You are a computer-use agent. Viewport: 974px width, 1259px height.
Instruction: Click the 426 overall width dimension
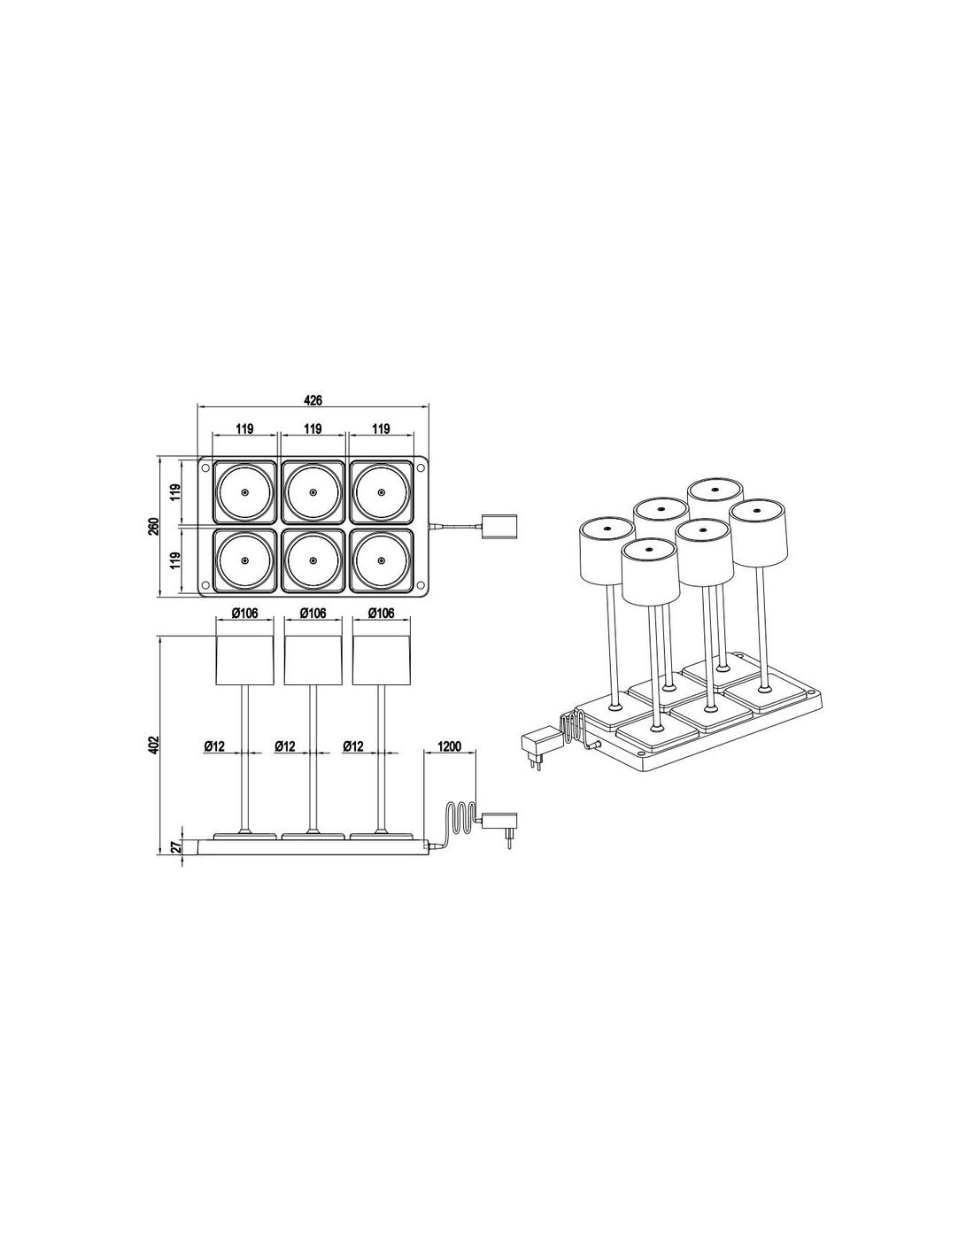[x=313, y=400]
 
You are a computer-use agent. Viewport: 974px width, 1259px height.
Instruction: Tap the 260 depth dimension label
[x=154, y=526]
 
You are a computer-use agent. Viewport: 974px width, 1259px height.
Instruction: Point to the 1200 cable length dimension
[x=450, y=745]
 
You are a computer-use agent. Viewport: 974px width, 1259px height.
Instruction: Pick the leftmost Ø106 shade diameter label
[x=244, y=613]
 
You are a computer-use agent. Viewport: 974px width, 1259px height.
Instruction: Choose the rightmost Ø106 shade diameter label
[x=382, y=613]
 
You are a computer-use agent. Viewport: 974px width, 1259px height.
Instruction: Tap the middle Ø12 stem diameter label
[x=284, y=747]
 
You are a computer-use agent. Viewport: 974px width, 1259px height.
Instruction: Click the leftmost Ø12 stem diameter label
[x=214, y=747]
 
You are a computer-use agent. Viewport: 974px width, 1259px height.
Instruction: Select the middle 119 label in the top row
[x=313, y=429]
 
